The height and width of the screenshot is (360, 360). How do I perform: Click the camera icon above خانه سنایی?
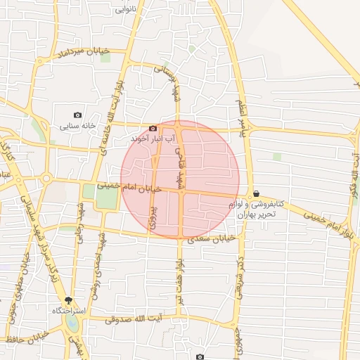tap(77, 115)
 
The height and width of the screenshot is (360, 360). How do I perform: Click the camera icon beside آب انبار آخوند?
tap(153, 128)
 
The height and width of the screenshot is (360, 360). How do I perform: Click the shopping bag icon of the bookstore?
tap(255, 193)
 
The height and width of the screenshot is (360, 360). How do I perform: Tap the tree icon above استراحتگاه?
tap(69, 299)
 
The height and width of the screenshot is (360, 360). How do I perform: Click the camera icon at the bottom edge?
tap(200, 357)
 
